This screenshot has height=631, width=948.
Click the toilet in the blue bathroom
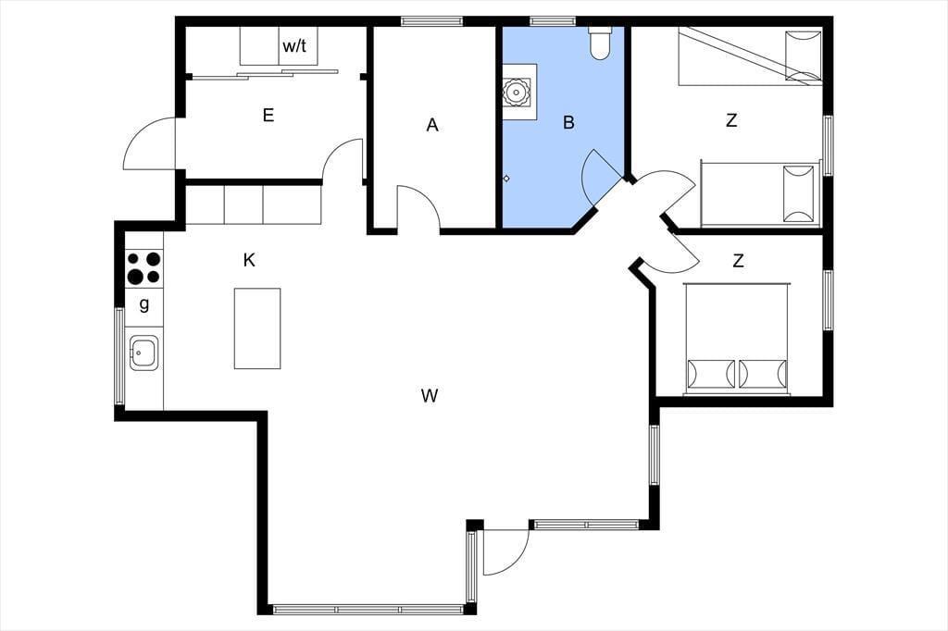click(x=600, y=43)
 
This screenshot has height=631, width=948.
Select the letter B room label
click(x=568, y=123)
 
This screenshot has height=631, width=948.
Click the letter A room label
click(x=431, y=125)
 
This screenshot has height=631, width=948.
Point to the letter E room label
click(x=268, y=115)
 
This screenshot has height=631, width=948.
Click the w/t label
click(x=294, y=46)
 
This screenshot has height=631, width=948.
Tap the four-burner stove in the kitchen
click(x=143, y=268)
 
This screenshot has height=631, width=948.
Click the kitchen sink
click(x=144, y=353)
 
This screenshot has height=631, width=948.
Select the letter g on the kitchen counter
click(x=143, y=304)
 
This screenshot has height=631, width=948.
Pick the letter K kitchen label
click(x=248, y=260)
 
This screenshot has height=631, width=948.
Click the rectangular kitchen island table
click(x=257, y=328)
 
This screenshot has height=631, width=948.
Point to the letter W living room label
click(x=430, y=396)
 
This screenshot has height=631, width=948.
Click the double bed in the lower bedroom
click(x=737, y=339)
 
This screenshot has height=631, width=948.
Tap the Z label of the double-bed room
click(x=738, y=261)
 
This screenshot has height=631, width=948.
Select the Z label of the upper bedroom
click(x=731, y=120)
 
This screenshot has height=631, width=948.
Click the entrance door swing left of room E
click(x=149, y=142)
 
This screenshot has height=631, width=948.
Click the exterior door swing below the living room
click(x=506, y=551)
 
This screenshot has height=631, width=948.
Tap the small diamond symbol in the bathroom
click(x=506, y=179)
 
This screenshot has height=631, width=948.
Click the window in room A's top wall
click(x=431, y=20)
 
